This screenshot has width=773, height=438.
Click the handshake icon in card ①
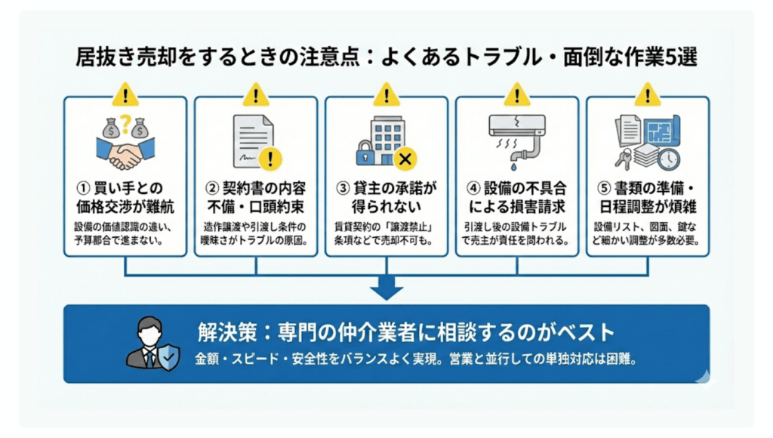[x=125, y=154]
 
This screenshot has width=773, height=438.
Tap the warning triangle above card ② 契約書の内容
[x=256, y=95]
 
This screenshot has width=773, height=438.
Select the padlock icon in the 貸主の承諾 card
[x=364, y=153]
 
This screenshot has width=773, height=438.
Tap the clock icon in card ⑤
[x=668, y=158]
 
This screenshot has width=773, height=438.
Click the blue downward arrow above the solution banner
[x=386, y=288]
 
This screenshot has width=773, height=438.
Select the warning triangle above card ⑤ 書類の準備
[x=647, y=95]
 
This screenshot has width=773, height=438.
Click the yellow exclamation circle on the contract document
[x=269, y=158]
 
